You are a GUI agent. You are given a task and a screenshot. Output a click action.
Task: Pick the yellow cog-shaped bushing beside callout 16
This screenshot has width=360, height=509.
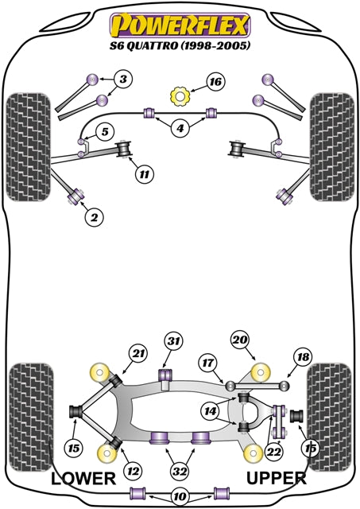(x=180, y=97)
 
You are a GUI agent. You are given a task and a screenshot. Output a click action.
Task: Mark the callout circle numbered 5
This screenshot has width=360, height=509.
(x=104, y=131)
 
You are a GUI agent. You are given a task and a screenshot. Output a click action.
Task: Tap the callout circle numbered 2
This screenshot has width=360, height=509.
(x=94, y=216)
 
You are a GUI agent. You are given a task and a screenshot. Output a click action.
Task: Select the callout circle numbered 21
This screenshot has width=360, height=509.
(x=139, y=353)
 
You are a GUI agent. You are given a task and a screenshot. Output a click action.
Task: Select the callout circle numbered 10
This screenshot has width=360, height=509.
(x=180, y=497)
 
